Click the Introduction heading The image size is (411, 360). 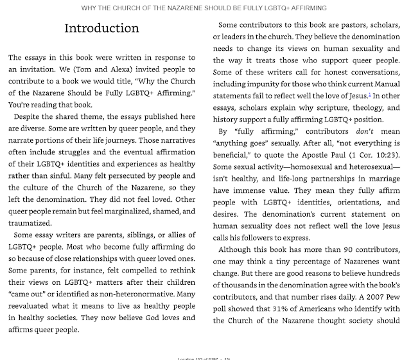(102, 30)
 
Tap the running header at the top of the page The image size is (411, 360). (205, 7)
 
